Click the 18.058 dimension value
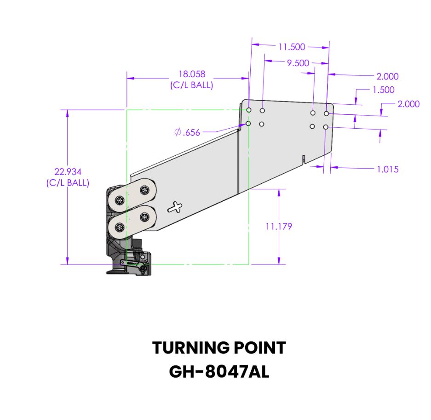(x=191, y=74)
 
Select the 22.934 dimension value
(x=68, y=172)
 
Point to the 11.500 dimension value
(x=292, y=46)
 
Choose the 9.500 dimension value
(x=298, y=63)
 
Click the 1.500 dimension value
(x=384, y=90)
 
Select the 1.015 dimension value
(x=387, y=169)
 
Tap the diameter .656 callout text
(x=187, y=133)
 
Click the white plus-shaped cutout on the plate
(x=175, y=207)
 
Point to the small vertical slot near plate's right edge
(x=304, y=159)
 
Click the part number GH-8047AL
(x=219, y=371)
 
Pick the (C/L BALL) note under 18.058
(x=191, y=85)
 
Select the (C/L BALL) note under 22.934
(x=68, y=183)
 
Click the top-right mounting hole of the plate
(x=326, y=113)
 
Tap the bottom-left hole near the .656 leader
(x=248, y=124)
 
